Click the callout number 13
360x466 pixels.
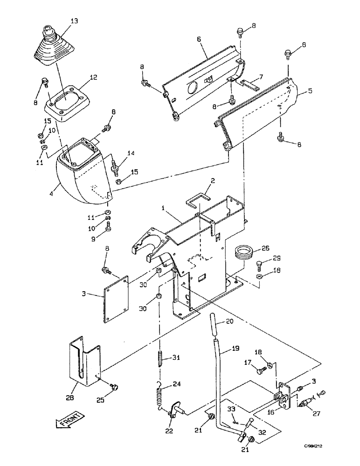[x=62, y=21]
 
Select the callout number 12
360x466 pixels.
[x=94, y=78]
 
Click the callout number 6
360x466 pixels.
[x=199, y=40]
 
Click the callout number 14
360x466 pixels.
[x=131, y=153]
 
